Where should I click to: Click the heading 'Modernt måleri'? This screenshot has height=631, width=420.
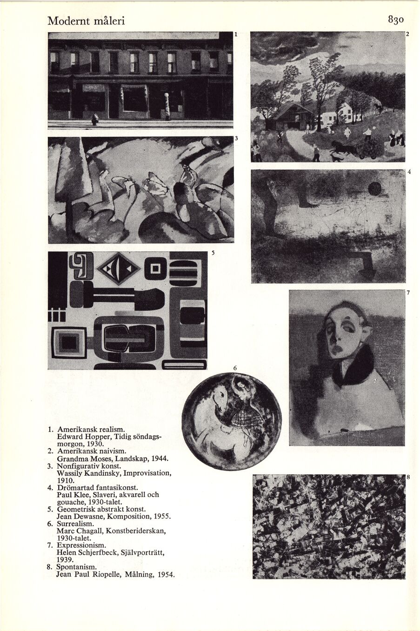[86, 21]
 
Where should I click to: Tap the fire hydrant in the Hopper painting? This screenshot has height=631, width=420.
[95, 120]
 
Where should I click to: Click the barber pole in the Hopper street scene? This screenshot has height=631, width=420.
[167, 106]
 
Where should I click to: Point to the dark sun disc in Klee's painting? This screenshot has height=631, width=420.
[375, 188]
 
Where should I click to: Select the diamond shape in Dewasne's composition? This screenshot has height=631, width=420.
[118, 268]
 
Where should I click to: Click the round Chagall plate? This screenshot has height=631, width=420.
[231, 415]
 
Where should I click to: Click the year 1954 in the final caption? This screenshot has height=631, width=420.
[166, 575]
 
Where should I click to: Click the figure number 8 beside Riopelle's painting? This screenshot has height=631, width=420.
[408, 478]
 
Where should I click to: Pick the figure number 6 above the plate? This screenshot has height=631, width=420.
[235, 368]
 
